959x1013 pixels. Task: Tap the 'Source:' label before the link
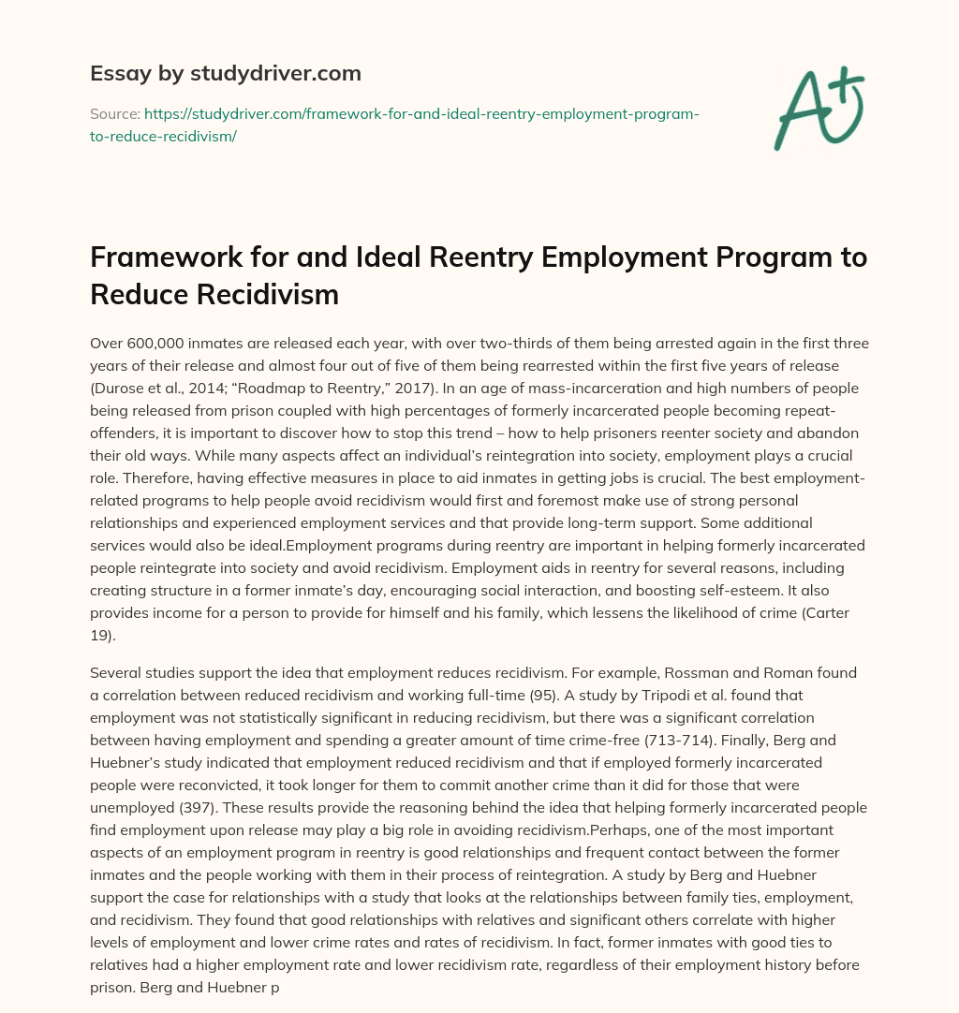(x=114, y=113)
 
